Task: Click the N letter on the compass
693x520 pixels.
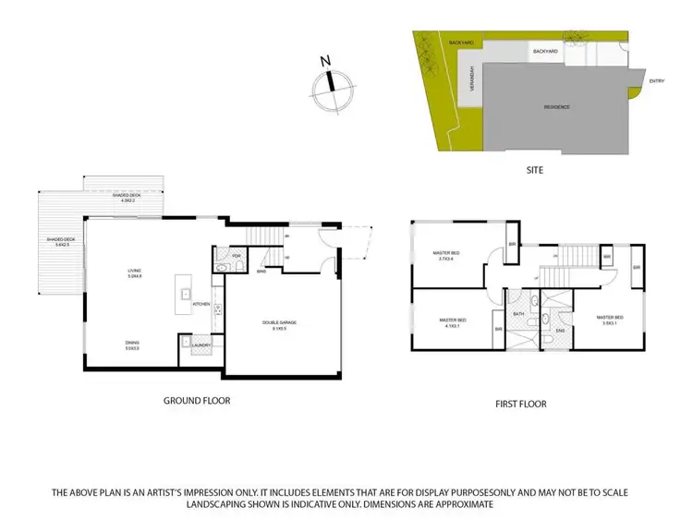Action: click(325, 62)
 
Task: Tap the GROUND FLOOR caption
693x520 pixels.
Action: click(197, 400)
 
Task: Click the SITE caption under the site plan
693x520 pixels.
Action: click(535, 170)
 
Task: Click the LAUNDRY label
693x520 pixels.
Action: click(201, 345)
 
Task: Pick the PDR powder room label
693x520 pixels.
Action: click(236, 256)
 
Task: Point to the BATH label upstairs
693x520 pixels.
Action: click(518, 314)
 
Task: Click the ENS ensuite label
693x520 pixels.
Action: click(560, 330)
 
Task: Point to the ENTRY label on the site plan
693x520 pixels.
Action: click(656, 80)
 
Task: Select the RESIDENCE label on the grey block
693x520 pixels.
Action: click(556, 107)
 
